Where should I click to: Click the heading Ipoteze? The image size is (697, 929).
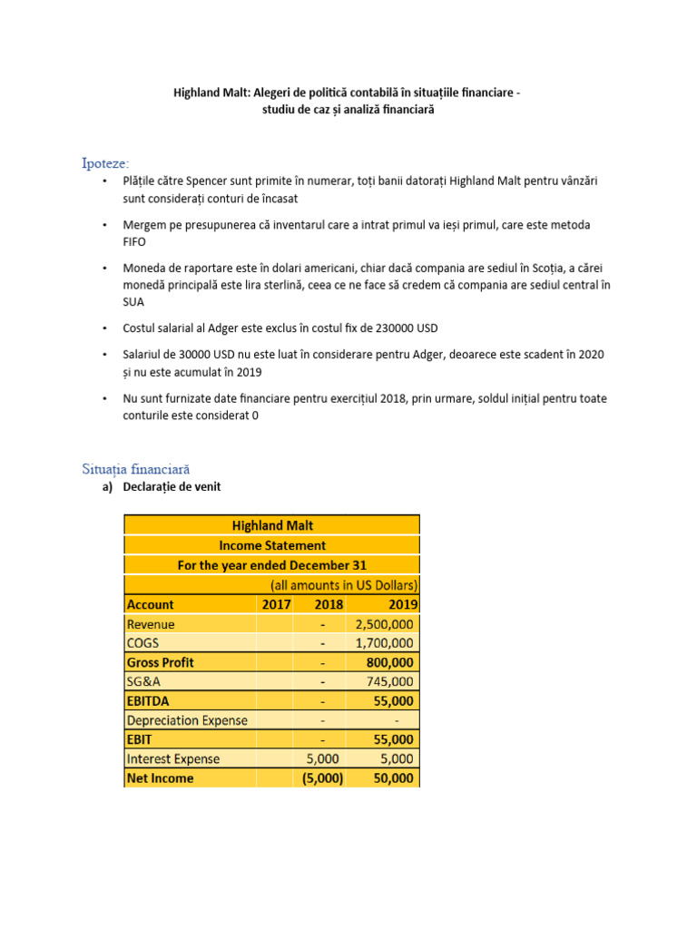[105, 163]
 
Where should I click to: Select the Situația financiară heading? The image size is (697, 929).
[136, 468]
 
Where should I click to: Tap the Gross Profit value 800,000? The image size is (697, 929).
[388, 662]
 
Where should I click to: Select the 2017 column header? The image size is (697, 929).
[276, 604]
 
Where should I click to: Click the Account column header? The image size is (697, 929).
[151, 604]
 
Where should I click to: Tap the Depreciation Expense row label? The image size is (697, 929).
[187, 720]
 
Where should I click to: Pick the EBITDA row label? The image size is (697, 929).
[151, 700]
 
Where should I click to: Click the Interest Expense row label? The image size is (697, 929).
[173, 758]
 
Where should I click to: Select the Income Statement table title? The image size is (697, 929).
[272, 545]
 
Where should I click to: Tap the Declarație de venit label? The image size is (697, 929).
[172, 487]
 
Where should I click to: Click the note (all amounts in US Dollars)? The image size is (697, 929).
[344, 584]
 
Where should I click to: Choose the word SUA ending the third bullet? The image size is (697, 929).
[134, 302]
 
